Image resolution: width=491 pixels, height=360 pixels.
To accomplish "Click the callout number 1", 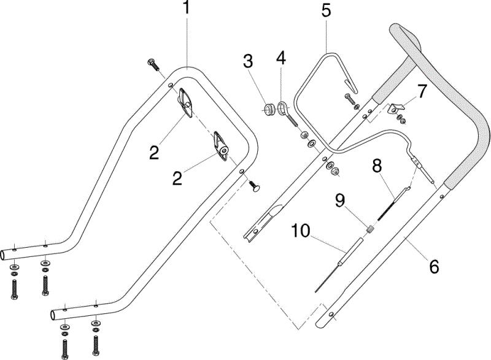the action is tap(187, 7).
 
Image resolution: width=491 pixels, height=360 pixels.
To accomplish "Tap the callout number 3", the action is tap(248, 61).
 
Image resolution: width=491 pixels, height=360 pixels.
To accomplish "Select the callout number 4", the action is tap(281, 58).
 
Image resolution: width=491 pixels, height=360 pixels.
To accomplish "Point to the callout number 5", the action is tap(326, 10).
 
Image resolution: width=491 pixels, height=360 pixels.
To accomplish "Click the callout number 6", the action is tap(434, 267).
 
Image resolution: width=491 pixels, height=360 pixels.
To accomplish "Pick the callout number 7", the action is tap(422, 91).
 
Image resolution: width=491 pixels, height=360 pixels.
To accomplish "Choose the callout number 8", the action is tap(377, 166).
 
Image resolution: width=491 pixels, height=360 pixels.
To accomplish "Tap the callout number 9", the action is tap(341, 200).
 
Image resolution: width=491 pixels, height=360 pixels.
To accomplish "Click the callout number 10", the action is tap(301, 231).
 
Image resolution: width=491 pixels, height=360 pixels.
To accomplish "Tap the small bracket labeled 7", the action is tap(395, 109).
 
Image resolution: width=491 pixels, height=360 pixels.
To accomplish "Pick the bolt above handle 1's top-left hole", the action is tap(153, 65).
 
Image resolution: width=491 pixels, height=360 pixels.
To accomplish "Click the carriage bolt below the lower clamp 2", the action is tap(255, 186).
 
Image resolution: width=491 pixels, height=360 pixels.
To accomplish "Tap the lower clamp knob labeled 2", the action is tap(222, 147).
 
